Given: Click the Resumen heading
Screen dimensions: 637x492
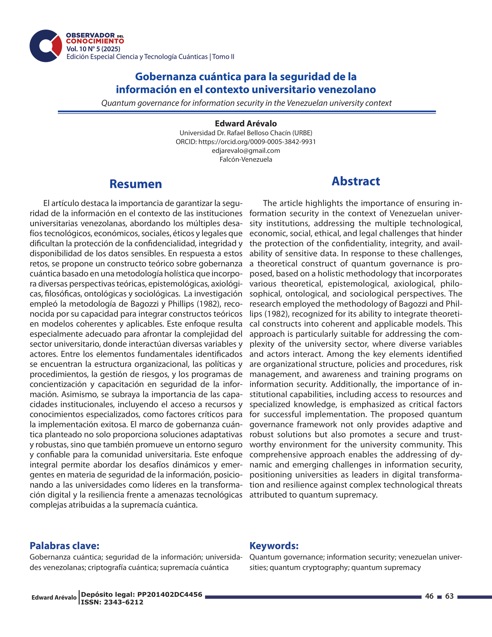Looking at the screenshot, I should (x=135, y=184).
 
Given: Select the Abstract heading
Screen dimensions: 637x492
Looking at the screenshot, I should (x=356, y=181).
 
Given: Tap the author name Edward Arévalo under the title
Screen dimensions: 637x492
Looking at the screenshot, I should (x=246, y=124).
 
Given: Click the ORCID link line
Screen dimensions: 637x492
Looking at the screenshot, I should (x=246, y=142).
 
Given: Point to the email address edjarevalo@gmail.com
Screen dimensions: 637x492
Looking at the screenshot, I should (x=246, y=151).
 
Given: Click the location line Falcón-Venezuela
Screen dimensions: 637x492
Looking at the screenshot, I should (x=246, y=160).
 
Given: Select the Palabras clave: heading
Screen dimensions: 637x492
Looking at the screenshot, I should (x=65, y=546).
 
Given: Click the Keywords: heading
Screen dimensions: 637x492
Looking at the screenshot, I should (x=274, y=546).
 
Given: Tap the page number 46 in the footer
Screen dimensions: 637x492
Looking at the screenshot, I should (x=429, y=596).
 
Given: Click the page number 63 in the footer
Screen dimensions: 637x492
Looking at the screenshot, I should (x=449, y=596).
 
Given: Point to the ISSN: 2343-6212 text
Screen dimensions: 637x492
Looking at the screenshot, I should (x=112, y=602).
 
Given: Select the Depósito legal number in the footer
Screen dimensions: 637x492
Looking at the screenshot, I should (x=141, y=594).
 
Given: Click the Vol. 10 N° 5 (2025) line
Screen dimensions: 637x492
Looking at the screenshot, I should (x=93, y=49).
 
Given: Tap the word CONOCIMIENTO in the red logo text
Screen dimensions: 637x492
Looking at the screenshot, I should (x=95, y=41).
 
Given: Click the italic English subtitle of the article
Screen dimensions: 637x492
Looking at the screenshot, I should (x=246, y=103).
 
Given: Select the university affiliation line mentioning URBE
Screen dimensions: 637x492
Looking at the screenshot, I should (x=246, y=133).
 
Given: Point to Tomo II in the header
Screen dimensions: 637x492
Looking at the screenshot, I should (x=223, y=56).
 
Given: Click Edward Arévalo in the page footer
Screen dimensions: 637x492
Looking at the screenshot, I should (x=54, y=597).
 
